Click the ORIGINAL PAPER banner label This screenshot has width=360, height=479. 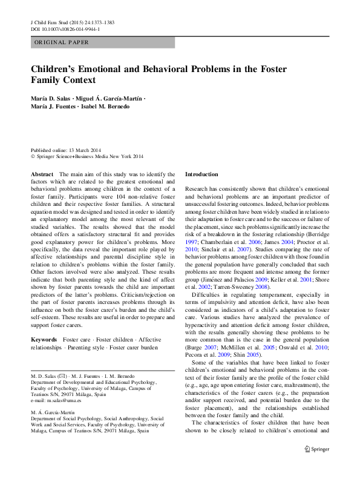[61, 42]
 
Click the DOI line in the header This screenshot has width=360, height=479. [65, 28]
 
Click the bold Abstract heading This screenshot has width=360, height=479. [42, 174]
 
